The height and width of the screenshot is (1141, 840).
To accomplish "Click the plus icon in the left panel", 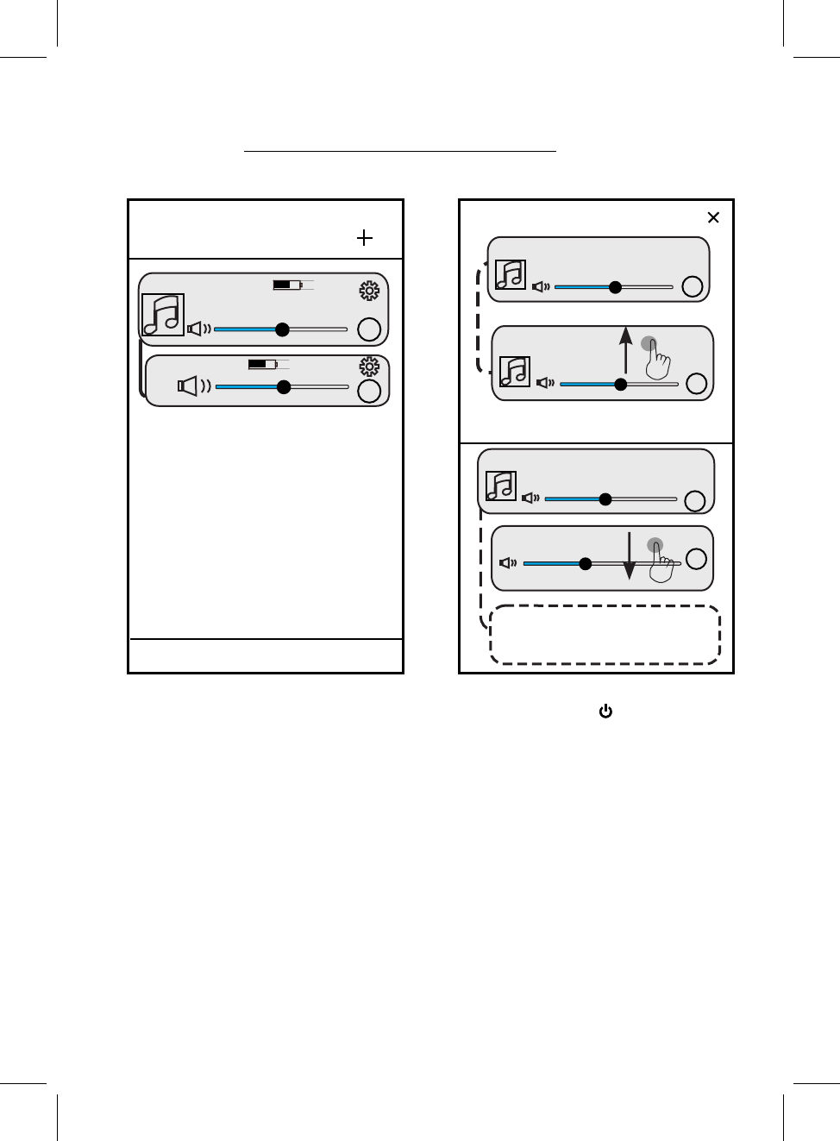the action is point(365,238).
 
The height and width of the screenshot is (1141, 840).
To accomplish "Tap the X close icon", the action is point(713,217).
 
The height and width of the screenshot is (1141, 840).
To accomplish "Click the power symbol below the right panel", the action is point(605,712).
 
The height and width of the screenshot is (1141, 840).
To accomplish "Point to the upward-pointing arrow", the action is point(626,349).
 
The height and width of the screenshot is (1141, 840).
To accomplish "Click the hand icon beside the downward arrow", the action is point(661,563).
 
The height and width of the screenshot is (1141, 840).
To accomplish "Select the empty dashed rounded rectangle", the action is point(605,636).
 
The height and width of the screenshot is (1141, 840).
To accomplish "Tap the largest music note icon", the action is point(163,315).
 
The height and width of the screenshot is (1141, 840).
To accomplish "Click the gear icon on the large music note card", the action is point(369,291).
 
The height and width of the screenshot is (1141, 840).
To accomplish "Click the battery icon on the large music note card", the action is point(288,285).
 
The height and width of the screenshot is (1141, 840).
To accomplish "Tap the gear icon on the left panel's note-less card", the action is point(369,367).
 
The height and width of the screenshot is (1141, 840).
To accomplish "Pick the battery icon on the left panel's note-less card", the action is point(263,365).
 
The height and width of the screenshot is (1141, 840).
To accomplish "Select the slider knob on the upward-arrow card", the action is point(621,384).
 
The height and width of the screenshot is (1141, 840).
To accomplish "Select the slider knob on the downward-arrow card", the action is point(586,563).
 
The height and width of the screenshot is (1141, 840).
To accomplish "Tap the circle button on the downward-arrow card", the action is point(697,559).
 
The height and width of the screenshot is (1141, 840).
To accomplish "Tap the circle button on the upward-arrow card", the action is point(697,384).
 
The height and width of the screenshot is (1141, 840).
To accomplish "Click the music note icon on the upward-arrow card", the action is point(515,372).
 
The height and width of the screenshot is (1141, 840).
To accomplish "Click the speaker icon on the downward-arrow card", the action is point(508,563).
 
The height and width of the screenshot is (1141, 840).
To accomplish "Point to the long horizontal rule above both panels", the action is point(400,152).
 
